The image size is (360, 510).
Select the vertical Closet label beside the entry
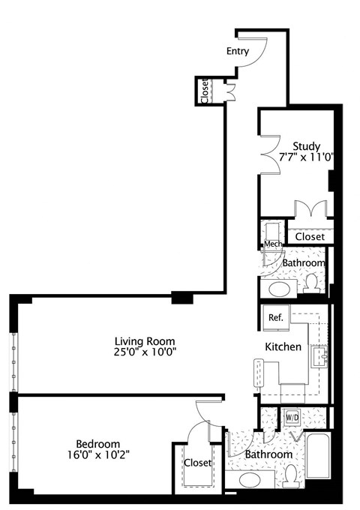204,91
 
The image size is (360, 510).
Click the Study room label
307,145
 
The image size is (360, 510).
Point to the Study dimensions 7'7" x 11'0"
307,157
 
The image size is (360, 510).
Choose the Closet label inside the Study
310,236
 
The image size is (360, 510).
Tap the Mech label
271,244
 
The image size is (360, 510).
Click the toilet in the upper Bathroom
313,283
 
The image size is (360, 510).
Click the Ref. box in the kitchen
275,318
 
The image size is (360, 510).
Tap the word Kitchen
283,347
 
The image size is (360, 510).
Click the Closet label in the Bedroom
198,463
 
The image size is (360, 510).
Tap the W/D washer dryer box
290,416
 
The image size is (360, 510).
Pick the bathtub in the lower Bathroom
317,457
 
